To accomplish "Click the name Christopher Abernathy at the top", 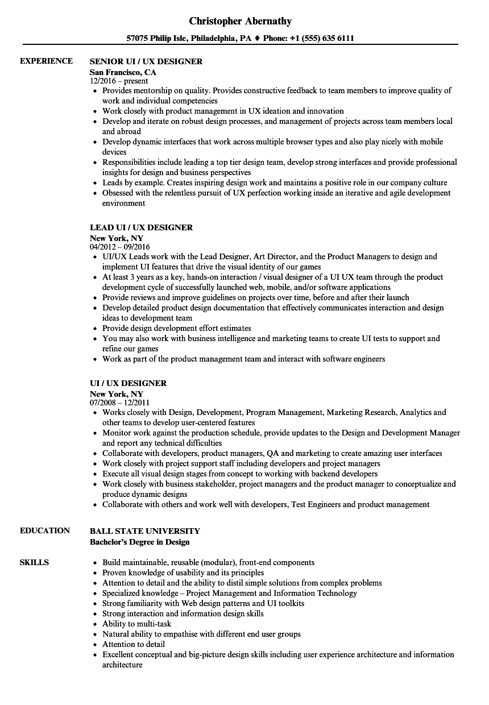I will (x=240, y=21).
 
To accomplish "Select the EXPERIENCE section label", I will (x=46, y=61).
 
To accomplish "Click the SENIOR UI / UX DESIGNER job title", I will (x=146, y=61).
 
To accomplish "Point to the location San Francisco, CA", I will (x=123, y=72).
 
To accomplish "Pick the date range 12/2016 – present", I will (x=119, y=81).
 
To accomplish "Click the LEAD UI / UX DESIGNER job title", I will (x=141, y=227).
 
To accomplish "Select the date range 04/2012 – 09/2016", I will (x=120, y=247).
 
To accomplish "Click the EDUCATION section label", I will (x=45, y=530).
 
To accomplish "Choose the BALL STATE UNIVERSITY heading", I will (x=145, y=531).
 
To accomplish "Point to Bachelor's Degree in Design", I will (x=139, y=542).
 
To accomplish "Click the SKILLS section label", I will (x=34, y=562).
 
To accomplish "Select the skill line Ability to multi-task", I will (x=136, y=624).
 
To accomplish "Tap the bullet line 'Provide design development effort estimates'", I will (x=176, y=328).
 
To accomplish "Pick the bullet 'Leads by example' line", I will (x=274, y=183).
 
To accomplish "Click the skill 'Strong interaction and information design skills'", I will (x=183, y=613).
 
